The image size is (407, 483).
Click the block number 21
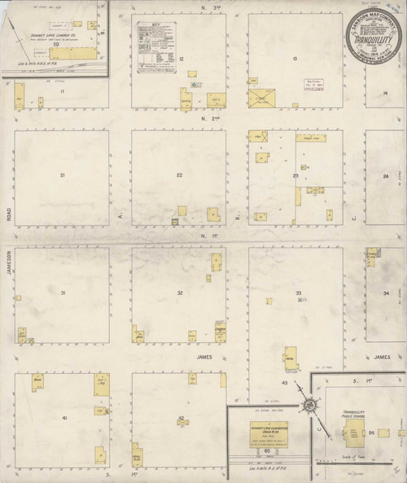coord(62,175)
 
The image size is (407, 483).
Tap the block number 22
coord(179,175)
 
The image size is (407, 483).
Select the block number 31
coord(62,292)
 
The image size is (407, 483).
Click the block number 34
coord(386,292)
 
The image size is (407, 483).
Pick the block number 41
coord(62,417)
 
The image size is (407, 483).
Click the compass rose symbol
coord(309,405)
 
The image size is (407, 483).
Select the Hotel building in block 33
coord(291,356)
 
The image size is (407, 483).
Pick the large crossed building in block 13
coord(262,98)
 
